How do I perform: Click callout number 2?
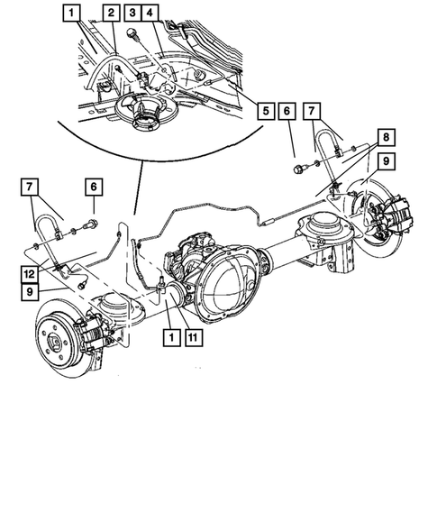tap(109, 13)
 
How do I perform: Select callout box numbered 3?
tap(132, 13)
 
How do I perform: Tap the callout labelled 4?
tap(150, 13)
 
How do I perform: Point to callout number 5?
tap(264, 112)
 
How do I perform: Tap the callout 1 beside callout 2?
tap(71, 13)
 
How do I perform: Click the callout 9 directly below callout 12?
tap(31, 293)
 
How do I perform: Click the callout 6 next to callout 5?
tap(286, 112)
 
